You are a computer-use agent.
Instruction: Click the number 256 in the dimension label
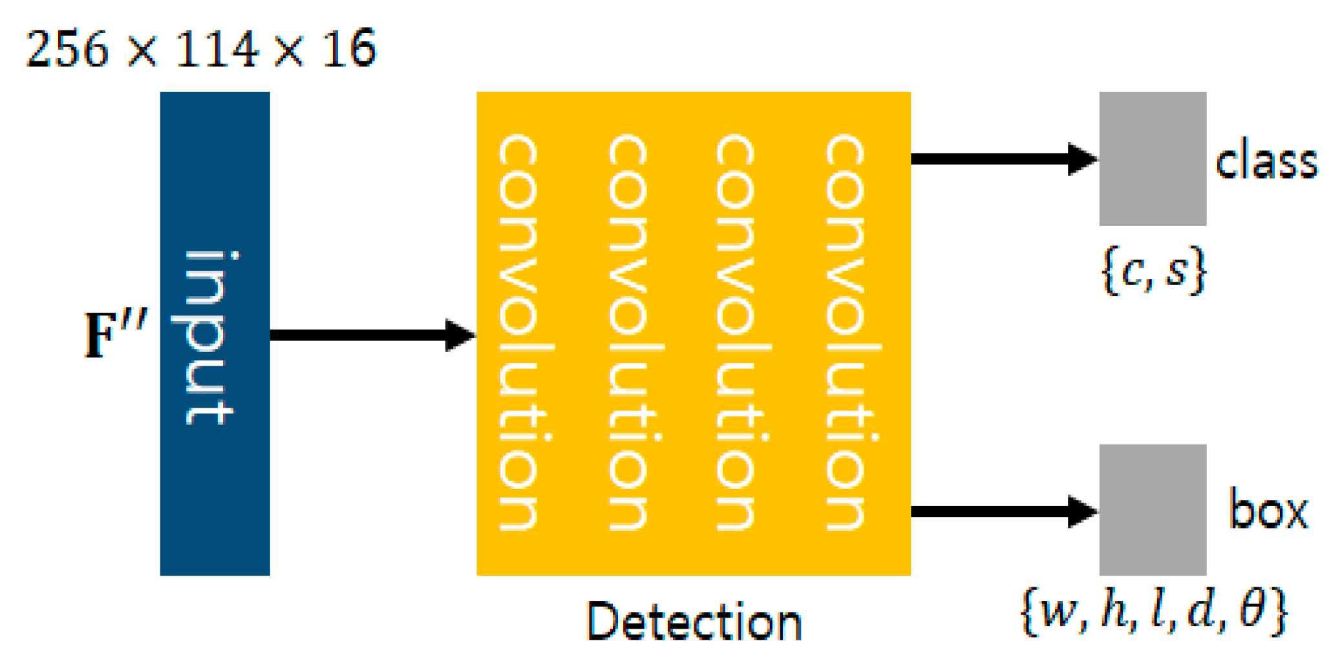67,49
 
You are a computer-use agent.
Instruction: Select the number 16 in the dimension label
349,49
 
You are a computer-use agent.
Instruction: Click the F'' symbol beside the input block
115,334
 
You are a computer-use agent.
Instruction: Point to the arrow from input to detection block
372,335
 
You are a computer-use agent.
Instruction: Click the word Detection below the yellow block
694,622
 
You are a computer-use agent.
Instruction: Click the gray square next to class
1153,159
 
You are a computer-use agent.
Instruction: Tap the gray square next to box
1153,510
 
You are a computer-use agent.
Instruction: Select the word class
1266,162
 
